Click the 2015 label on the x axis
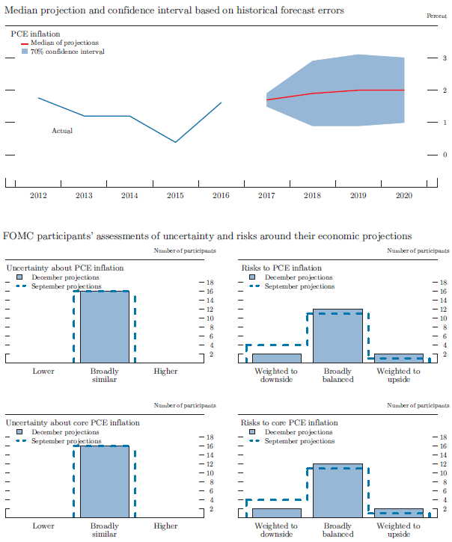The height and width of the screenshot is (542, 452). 175,195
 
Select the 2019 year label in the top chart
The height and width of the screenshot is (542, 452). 358,195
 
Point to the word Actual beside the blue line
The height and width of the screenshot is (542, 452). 62,131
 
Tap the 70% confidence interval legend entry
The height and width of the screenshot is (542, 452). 67,52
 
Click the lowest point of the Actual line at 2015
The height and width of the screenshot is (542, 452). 175,142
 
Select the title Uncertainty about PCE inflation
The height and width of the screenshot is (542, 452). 65,268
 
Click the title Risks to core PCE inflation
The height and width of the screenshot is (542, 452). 289,423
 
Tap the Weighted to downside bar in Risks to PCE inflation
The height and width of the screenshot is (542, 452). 276,358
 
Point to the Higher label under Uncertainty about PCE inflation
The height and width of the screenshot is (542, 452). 165,371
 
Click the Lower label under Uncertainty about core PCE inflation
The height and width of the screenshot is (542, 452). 43,526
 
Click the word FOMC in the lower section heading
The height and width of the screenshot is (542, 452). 18,236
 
